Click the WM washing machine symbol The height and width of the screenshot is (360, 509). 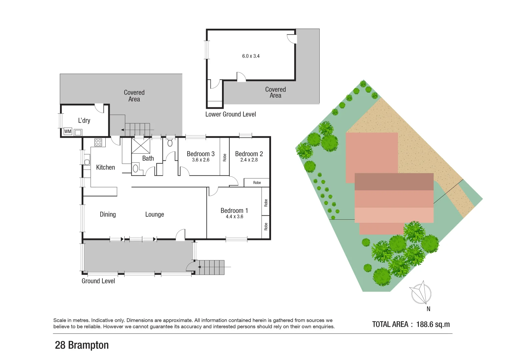[x=68, y=132]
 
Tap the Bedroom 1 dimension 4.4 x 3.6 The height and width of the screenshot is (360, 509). [x=234, y=217]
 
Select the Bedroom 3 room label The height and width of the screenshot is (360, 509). [x=200, y=154]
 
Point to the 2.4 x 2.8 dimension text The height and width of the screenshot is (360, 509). [x=249, y=160]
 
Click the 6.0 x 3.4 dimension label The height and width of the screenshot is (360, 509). [x=251, y=56]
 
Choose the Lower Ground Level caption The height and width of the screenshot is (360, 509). [x=230, y=114]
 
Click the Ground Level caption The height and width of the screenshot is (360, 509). [x=98, y=281]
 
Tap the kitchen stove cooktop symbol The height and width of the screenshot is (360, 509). [x=98, y=143]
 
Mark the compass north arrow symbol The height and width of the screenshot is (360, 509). [x=422, y=293]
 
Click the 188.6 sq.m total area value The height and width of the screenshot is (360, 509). [x=433, y=324]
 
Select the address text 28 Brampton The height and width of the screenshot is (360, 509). [x=82, y=345]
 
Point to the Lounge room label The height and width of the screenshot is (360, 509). [x=154, y=214]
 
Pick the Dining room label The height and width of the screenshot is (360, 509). [x=108, y=214]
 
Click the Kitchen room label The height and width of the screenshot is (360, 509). [x=105, y=167]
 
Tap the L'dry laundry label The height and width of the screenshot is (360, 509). [x=84, y=120]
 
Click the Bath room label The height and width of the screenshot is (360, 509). [x=148, y=158]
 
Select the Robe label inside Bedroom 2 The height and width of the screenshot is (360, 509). [x=257, y=183]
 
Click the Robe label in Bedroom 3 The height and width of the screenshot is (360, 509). [x=225, y=157]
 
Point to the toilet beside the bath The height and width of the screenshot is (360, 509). [x=170, y=143]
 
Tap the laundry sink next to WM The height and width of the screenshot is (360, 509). [x=78, y=132]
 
